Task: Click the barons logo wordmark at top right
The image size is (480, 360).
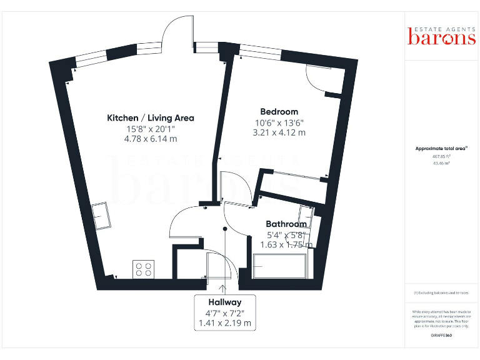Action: tap(441, 37)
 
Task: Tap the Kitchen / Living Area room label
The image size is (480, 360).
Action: tap(151, 117)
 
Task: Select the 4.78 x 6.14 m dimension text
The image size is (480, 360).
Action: tap(151, 139)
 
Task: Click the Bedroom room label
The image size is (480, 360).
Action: tap(276, 112)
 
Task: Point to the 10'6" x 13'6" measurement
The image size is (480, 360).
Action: tap(276, 122)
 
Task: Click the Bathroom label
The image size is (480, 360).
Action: tap(286, 224)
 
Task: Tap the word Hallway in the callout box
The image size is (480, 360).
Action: tap(225, 302)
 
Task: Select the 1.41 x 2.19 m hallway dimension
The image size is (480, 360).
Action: tap(225, 323)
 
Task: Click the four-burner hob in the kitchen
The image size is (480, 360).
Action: tap(142, 269)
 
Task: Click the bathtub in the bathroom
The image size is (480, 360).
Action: tap(280, 266)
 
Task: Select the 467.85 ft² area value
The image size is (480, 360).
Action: tap(441, 156)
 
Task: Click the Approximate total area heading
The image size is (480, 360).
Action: tap(441, 148)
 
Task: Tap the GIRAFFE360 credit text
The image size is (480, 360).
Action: tap(441, 336)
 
